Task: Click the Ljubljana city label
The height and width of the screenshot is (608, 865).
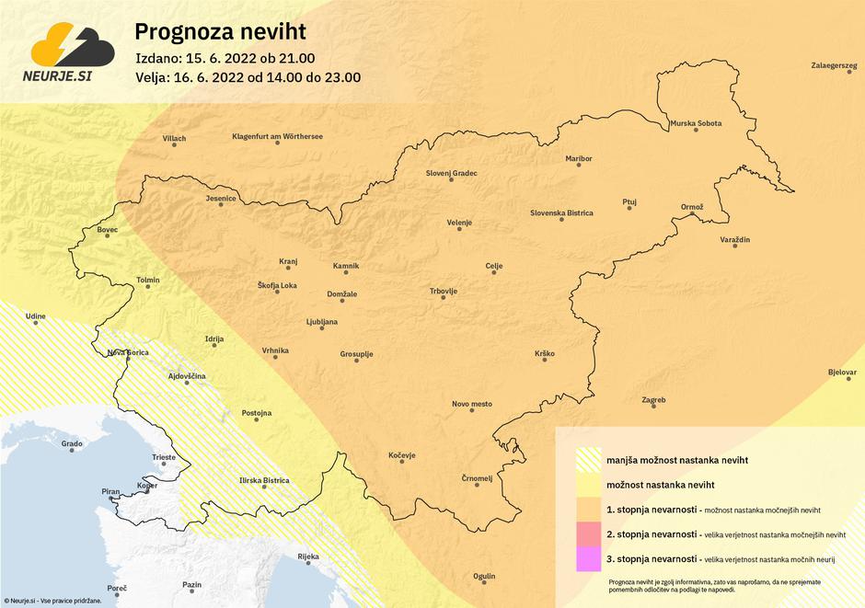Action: tap(322, 322)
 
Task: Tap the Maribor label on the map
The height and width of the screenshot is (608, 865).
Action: tap(579, 158)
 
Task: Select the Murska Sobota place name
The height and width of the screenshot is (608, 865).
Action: tap(696, 122)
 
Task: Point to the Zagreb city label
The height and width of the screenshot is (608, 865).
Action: tap(653, 400)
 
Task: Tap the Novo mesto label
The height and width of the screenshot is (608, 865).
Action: tap(472, 404)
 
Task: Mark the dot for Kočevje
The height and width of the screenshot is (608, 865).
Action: tap(402, 465)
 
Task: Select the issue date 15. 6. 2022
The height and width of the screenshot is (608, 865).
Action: tap(226, 59)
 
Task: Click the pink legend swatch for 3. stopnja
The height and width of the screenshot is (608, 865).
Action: tap(586, 558)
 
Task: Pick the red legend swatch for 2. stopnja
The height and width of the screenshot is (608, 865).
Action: tap(586, 533)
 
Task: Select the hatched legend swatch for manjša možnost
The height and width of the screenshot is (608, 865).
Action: tap(586, 459)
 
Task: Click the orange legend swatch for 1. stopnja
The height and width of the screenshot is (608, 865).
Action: tap(586, 509)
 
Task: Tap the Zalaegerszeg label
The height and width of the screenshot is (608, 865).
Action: tap(833, 66)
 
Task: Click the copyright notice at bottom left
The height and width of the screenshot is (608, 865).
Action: tap(51, 600)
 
